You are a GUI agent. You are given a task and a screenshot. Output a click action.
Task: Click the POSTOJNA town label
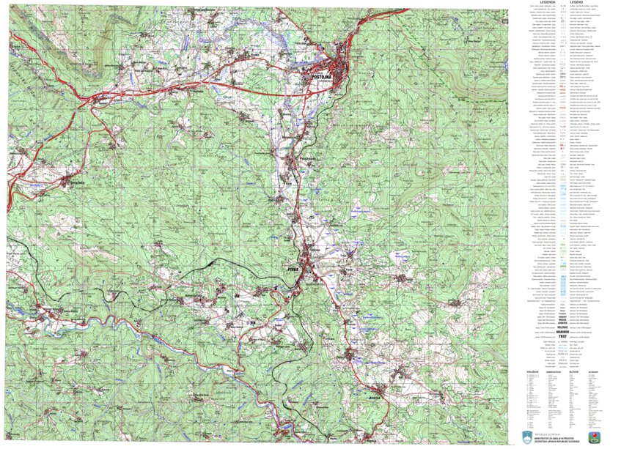click(323, 75)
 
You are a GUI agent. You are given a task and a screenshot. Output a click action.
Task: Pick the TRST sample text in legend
click(562, 337)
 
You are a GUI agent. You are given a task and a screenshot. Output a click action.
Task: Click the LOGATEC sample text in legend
click(562, 322)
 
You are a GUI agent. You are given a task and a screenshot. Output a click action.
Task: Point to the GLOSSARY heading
click(593, 371)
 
